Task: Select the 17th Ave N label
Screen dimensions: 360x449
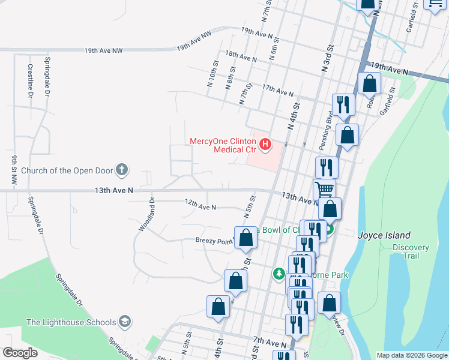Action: click(278, 90)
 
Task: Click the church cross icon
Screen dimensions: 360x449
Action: click(122, 170)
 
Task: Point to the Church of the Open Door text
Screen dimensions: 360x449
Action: click(67, 170)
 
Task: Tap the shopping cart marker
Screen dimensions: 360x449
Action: click(324, 190)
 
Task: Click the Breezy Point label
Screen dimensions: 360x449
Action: click(214, 241)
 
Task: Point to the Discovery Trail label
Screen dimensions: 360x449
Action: click(411, 251)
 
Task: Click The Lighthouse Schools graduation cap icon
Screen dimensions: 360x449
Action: click(124, 322)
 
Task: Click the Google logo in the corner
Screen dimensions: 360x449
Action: click(20, 353)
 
